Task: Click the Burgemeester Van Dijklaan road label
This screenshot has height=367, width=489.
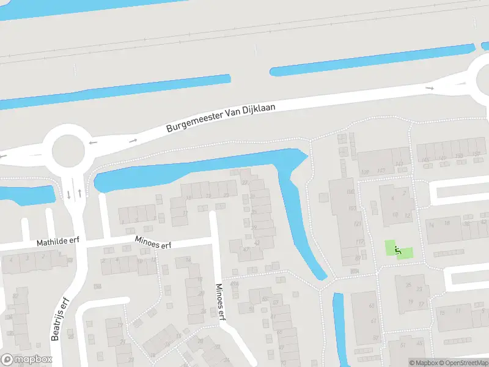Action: pyautogui.click(x=221, y=118)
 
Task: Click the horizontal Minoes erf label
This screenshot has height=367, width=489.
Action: pyautogui.click(x=153, y=243)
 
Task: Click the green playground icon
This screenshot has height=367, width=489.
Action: pyautogui.click(x=398, y=250)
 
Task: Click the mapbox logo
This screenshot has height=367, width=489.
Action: pyautogui.click(x=26, y=360)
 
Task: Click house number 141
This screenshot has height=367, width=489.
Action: pyautogui.click(x=399, y=163)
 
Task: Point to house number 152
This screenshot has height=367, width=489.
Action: pyautogui.click(x=476, y=155)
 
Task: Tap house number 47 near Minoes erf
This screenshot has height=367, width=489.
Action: pyautogui.click(x=246, y=250)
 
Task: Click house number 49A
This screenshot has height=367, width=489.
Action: pyautogui.click(x=234, y=284)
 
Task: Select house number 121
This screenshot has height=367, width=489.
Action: pyautogui.click(x=358, y=224)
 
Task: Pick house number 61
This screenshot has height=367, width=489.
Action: pyautogui.click(x=372, y=321)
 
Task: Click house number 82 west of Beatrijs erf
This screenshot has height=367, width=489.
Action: pyautogui.click(x=15, y=296)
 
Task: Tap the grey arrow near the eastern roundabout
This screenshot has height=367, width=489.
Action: pyautogui.click(x=430, y=88)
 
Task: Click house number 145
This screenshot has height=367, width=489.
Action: pyautogui.click(x=425, y=160)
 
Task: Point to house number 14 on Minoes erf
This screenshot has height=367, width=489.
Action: pyautogui.click(x=188, y=261)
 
